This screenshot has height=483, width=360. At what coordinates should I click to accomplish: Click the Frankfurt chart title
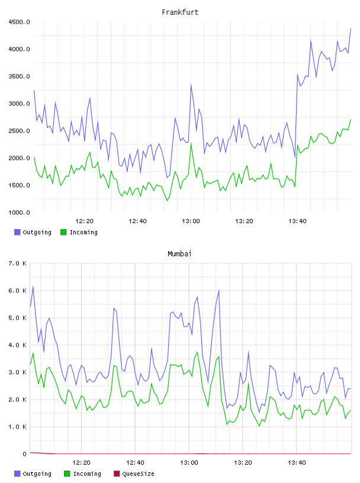[x=180, y=12]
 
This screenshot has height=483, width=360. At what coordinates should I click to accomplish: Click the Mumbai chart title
[x=179, y=253]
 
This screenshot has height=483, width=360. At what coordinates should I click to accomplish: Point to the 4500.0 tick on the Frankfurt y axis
[x=19, y=22]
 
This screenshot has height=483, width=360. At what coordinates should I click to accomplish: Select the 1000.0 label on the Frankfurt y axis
[x=19, y=212]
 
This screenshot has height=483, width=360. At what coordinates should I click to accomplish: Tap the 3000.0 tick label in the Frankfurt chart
[x=19, y=104]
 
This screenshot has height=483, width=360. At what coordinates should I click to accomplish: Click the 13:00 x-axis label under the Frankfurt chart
[x=191, y=221]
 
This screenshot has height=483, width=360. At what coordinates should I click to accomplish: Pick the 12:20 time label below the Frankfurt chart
[x=84, y=221]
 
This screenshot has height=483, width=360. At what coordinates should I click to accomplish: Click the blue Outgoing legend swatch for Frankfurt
[x=17, y=232]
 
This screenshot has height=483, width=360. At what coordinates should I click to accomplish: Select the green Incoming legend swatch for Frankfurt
[x=63, y=232]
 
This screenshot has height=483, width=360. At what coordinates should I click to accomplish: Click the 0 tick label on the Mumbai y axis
[x=25, y=454]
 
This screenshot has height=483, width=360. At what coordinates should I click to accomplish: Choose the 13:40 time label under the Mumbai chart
[x=297, y=462]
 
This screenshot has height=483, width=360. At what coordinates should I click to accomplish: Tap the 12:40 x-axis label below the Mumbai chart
[x=135, y=462]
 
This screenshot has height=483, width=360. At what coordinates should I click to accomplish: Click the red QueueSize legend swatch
[x=117, y=474]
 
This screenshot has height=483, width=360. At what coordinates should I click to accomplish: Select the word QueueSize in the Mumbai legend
[x=138, y=474]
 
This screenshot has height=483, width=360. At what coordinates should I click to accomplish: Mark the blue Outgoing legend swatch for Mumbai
[x=17, y=474]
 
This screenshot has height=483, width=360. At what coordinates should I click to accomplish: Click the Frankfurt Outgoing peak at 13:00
[x=191, y=85]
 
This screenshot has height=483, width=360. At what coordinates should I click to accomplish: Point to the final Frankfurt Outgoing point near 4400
[x=351, y=28]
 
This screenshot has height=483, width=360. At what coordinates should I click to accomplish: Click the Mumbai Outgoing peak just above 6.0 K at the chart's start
[x=33, y=286]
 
